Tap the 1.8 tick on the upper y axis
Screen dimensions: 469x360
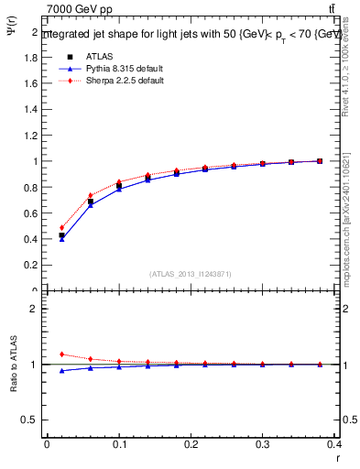[33, 57]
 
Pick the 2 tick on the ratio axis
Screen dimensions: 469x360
[35, 309]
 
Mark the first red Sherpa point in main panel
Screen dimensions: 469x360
[61, 228]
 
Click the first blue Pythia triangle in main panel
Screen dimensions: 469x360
[61, 239]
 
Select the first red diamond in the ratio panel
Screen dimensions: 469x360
[61, 354]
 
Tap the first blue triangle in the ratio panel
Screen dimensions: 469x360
[61, 371]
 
